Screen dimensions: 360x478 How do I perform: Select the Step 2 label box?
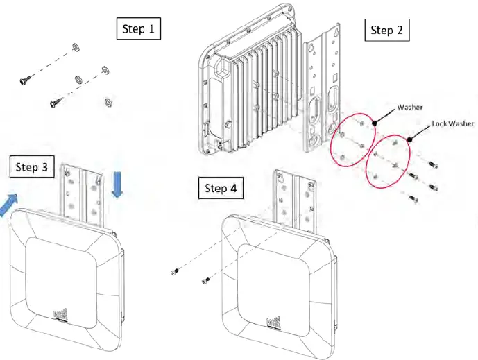pos(390,30)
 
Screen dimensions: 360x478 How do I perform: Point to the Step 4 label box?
pos(221,188)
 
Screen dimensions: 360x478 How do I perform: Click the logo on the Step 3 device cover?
pos(60,316)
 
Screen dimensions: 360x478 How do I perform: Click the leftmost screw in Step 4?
pos(177,271)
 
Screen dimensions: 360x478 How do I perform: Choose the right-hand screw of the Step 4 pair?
pos(206,280)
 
